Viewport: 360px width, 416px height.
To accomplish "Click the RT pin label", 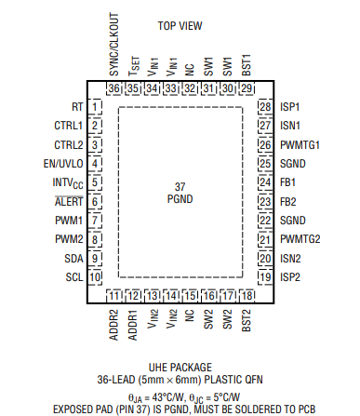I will pos(76,108).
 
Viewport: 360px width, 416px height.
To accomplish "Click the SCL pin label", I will pos(73,276).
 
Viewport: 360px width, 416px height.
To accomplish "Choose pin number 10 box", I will pos(95,276).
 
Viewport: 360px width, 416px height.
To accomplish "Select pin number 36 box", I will pos(114,88).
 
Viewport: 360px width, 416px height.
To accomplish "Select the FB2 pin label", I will pos(289,201).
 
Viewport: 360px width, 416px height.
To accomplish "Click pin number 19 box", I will pos(265,276).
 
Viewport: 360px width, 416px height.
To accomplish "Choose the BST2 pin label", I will pos(246,317).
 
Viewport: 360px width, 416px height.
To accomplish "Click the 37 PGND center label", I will pos(180,193).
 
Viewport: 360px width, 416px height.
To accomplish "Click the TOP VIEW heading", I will pos(180,25).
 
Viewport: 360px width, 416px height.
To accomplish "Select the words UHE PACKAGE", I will pos(180,368).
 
